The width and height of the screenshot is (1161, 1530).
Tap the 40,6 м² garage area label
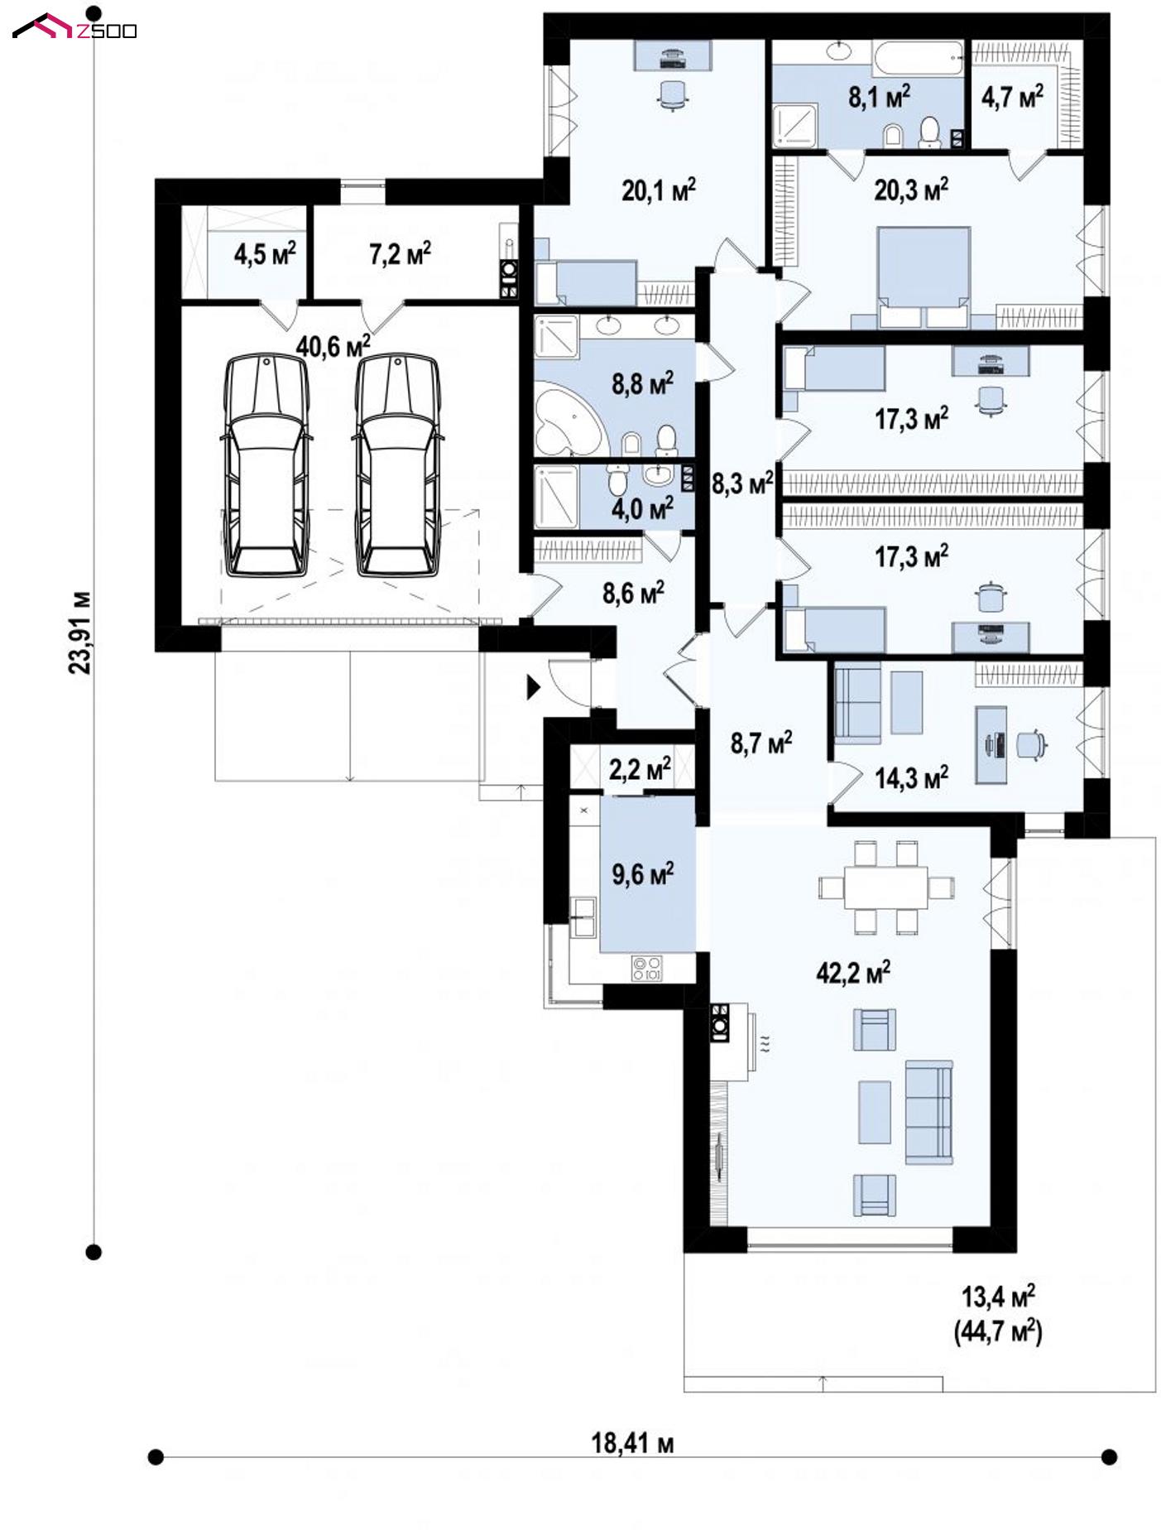(333, 345)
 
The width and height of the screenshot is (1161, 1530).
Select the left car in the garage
(266, 464)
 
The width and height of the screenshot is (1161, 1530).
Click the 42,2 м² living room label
(853, 971)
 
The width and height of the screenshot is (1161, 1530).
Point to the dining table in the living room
(886, 887)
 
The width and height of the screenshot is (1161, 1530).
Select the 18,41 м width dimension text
(632, 1443)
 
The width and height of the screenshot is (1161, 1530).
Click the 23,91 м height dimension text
(80, 632)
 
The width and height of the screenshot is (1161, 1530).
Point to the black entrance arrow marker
(534, 686)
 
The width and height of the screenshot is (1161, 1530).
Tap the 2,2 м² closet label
(640, 769)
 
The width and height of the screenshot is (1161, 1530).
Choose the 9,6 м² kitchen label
(642, 872)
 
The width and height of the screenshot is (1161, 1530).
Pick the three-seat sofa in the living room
(929, 1111)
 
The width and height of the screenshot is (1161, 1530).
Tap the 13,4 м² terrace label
(998, 1296)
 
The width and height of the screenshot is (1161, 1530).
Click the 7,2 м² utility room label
(400, 253)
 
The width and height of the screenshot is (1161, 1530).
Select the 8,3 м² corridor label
(742, 482)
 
